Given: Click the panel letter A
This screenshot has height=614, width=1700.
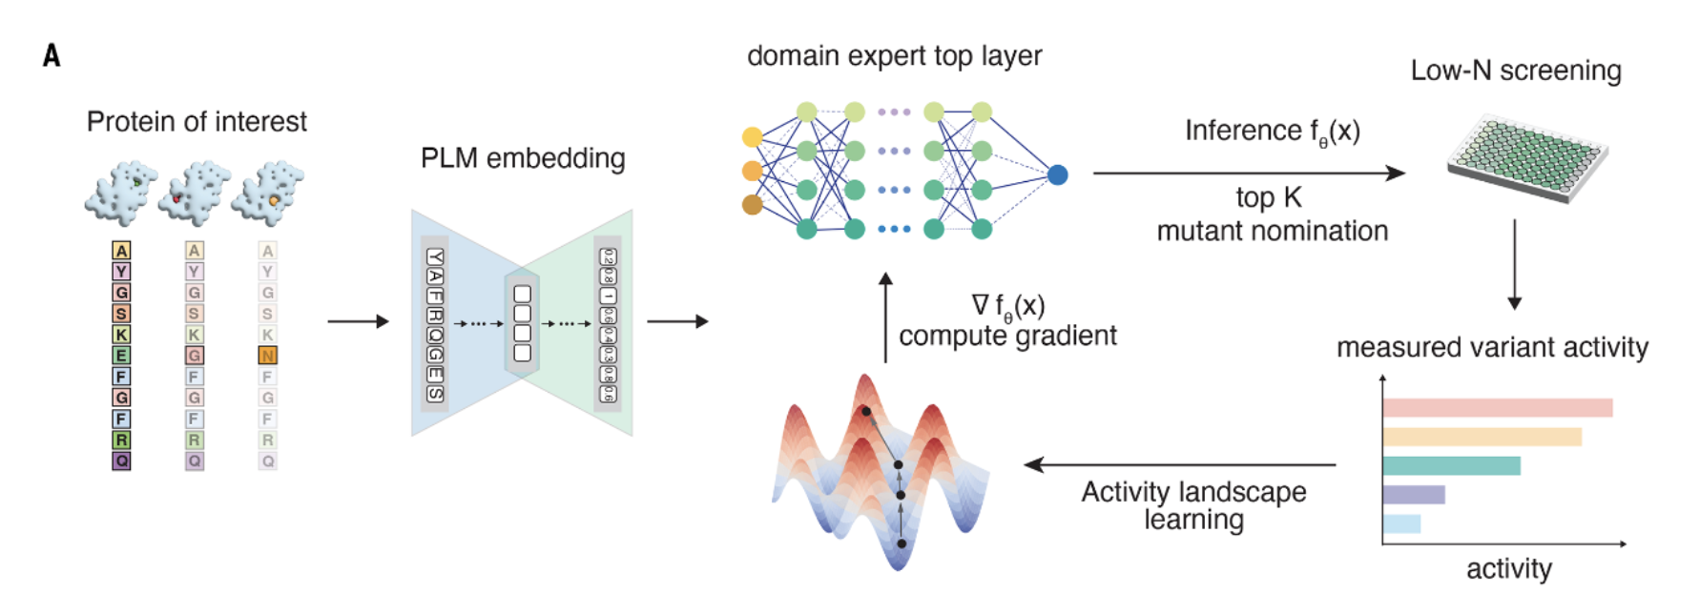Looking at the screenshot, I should pyautogui.click(x=52, y=55).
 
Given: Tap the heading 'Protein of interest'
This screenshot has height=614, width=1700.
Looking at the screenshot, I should pyautogui.click(x=197, y=122).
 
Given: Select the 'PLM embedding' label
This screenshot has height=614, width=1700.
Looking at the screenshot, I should pyautogui.click(x=523, y=158).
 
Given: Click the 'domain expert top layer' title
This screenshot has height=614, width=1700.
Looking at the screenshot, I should pyautogui.click(x=894, y=56).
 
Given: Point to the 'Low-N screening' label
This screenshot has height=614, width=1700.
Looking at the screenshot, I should pyautogui.click(x=1516, y=72).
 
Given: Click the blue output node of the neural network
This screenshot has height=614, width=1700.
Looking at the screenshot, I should pyautogui.click(x=1057, y=174).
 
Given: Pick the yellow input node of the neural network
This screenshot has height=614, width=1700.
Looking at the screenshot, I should pyautogui.click(x=753, y=137).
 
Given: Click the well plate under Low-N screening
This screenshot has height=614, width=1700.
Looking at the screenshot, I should pyautogui.click(x=1526, y=158).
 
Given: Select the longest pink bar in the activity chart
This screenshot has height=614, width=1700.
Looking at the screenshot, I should pyautogui.click(x=1497, y=408).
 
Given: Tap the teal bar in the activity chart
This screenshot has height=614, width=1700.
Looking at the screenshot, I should pyautogui.click(x=1451, y=466).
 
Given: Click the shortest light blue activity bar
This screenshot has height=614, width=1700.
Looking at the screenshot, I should pyautogui.click(x=1401, y=523).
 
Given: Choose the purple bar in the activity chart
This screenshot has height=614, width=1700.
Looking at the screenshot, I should pyautogui.click(x=1414, y=495).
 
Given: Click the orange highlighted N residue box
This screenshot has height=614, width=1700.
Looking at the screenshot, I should pyautogui.click(x=267, y=356).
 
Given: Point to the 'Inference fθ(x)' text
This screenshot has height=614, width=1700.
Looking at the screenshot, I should pyautogui.click(x=1272, y=132).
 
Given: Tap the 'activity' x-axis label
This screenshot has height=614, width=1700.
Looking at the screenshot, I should pyautogui.click(x=1508, y=569).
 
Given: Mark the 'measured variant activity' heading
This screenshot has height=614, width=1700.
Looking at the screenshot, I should pyautogui.click(x=1492, y=348).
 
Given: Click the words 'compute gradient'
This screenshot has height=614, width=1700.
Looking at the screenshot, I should pyautogui.click(x=1007, y=337).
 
